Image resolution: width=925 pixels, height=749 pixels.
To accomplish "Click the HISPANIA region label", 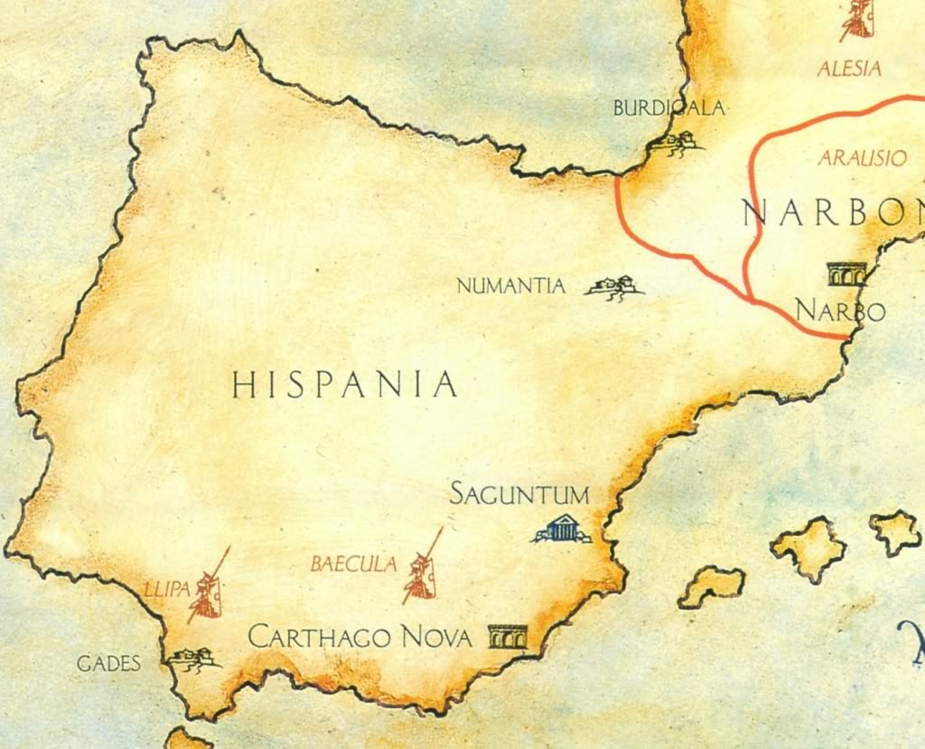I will tap(344, 386).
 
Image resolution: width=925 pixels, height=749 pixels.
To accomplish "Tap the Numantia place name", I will tap(511, 287).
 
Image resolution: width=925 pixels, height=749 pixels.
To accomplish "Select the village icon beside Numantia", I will tap(614, 287).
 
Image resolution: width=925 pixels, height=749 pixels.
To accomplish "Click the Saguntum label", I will tap(519, 495).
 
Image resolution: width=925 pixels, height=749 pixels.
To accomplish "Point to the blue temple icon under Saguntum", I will tap(562, 529).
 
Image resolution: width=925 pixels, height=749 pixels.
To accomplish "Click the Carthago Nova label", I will tap(360, 638).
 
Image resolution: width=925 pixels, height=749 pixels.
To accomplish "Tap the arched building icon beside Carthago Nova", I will tap(507, 637).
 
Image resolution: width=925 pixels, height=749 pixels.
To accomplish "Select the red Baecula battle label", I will tap(353, 565).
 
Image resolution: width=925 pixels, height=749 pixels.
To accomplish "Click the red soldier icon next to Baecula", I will tap(422, 569).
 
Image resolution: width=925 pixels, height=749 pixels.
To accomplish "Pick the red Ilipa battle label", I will tap(167, 589).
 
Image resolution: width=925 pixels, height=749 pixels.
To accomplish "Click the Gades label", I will tap(108, 664).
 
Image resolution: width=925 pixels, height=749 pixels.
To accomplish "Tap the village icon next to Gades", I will tap(192, 658).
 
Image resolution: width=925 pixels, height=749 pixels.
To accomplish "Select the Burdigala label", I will tap(668, 108).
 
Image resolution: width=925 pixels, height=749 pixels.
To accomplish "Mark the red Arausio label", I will tap(862, 158).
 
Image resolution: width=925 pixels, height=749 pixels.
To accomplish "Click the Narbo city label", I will tap(840, 311).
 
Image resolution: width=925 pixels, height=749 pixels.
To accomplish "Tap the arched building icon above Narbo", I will tap(846, 273).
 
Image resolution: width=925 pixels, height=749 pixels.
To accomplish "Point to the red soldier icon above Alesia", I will tap(857, 18).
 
